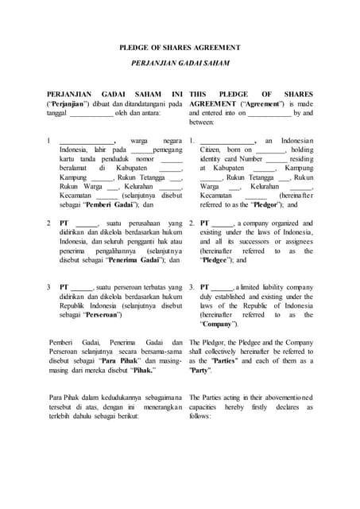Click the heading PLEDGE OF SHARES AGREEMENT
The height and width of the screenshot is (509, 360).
pos(180,48)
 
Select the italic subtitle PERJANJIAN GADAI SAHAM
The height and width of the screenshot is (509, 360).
pos(180,62)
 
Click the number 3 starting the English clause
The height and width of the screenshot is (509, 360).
pos(192,286)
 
